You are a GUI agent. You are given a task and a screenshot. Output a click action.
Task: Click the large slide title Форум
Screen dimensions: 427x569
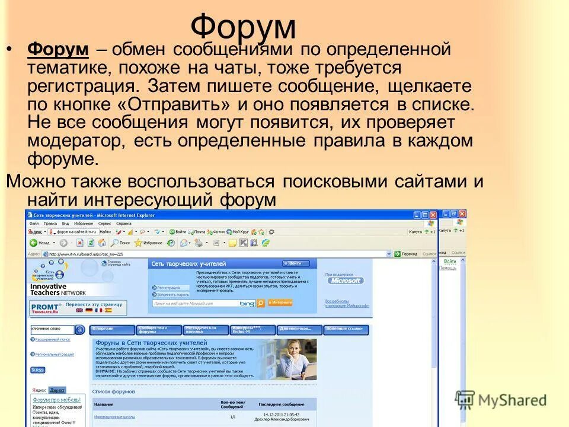pyautogui.click(x=243, y=27)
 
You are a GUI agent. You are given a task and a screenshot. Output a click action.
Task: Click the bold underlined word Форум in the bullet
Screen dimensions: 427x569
pyautogui.click(x=58, y=50)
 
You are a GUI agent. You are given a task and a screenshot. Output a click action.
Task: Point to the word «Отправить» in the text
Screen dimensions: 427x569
pyautogui.click(x=191, y=104)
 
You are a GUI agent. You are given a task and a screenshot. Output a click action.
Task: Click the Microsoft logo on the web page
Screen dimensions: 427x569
pyautogui.click(x=346, y=281)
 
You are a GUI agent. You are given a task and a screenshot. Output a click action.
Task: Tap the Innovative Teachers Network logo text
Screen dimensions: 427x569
pyautogui.click(x=57, y=289)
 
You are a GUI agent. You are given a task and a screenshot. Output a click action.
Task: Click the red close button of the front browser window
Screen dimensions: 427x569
pyautogui.click(x=433, y=215)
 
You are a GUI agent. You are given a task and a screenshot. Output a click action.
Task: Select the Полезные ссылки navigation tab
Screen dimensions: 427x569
pyautogui.click(x=346, y=330)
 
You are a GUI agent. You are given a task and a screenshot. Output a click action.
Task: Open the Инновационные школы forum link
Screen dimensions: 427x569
pyautogui.click(x=114, y=417)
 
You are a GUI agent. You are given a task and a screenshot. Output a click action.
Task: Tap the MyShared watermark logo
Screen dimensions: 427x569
pyautogui.click(x=501, y=400)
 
